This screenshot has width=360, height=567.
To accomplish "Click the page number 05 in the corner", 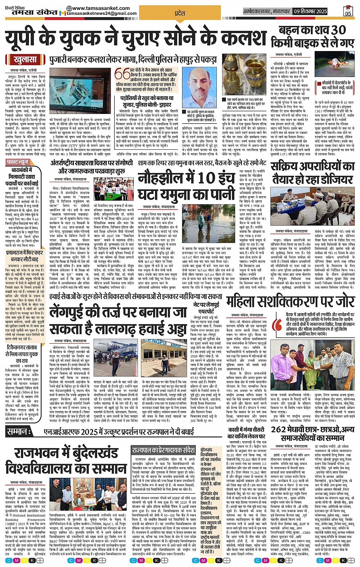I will (x=348, y=11).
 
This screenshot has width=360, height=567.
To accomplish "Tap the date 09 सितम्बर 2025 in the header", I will (x=310, y=11).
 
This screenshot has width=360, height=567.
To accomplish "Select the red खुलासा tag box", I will (x=25, y=60).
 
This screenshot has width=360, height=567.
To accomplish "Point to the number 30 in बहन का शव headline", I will (x=338, y=30).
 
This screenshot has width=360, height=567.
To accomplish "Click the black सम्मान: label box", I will (x=18, y=432).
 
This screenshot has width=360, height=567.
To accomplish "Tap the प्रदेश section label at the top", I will (x=180, y=13).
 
